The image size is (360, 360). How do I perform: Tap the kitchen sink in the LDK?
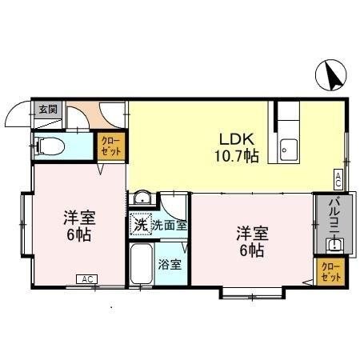click(288, 148)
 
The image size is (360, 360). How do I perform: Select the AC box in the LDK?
click(339, 178)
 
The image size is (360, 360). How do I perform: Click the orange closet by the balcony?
click(330, 270)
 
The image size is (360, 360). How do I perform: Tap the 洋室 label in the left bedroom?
click(76, 217)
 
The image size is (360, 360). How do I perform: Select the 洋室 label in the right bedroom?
click(250, 234)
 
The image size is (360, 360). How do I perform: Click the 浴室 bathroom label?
click(169, 263)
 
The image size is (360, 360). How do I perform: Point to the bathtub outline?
click(141, 267)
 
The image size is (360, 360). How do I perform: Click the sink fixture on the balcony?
click(335, 246)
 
